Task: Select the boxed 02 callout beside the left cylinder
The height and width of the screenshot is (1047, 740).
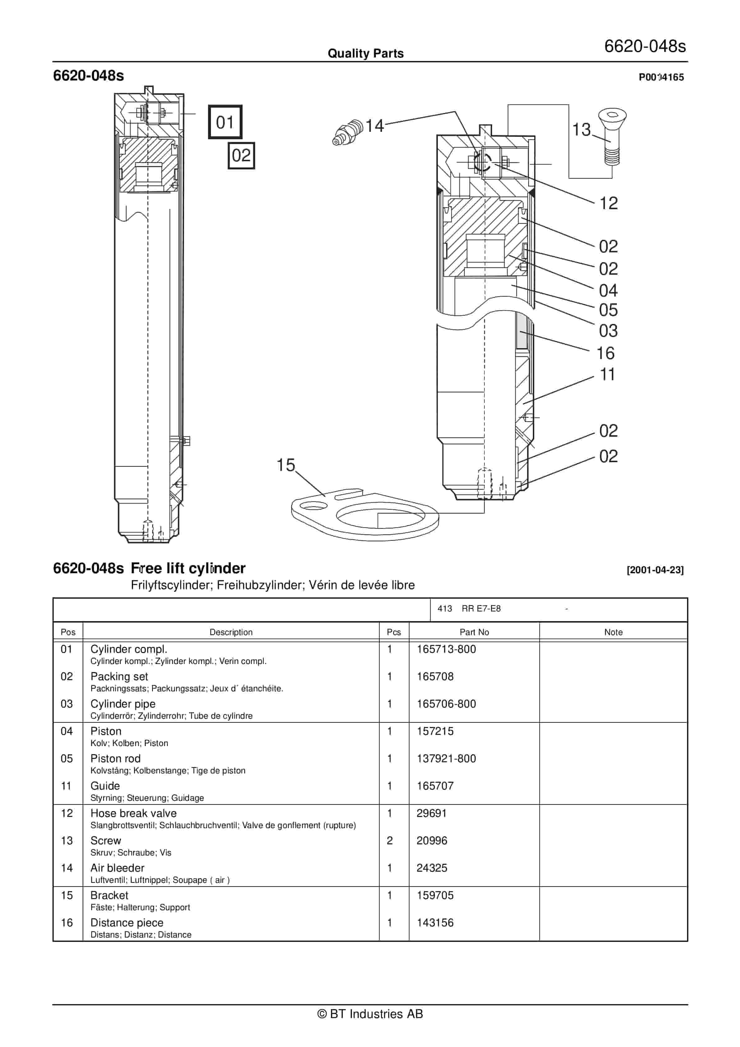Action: (x=241, y=155)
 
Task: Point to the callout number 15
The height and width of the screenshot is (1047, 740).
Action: (x=286, y=465)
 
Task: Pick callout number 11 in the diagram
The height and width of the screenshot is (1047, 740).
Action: (x=607, y=374)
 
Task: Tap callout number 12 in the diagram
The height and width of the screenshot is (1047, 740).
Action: (x=608, y=203)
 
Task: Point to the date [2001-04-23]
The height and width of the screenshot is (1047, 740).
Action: (x=655, y=570)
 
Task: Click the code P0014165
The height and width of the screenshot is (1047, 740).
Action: (x=661, y=77)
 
